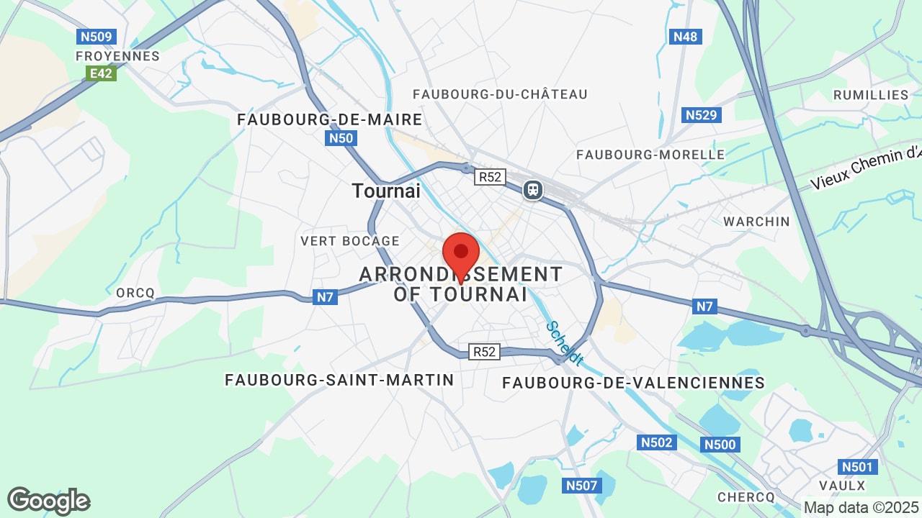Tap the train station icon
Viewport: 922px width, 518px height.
(533, 190)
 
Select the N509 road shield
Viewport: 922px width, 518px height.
(97, 37)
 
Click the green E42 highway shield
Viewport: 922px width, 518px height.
(101, 73)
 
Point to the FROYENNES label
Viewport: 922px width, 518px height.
(118, 56)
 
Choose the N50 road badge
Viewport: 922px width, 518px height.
(341, 138)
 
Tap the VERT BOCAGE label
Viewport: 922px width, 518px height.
(350, 241)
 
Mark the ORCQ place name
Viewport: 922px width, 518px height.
(135, 293)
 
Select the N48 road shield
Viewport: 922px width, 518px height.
(685, 37)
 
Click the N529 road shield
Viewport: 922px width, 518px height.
(702, 115)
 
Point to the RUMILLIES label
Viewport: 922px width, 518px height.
(871, 95)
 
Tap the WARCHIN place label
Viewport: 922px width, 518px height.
(756, 222)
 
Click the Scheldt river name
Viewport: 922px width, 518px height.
(564, 342)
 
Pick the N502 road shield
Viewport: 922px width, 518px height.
(657, 442)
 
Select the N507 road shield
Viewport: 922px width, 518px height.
(581, 486)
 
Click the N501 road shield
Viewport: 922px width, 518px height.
(857, 468)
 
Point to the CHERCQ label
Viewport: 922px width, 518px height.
(746, 497)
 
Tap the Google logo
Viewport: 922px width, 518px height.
(49, 501)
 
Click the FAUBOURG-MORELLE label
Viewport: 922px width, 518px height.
(650, 155)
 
